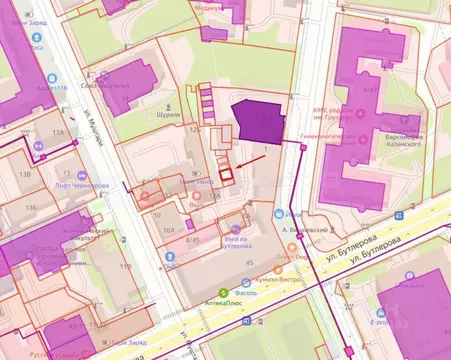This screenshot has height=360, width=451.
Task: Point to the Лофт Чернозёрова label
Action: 82,185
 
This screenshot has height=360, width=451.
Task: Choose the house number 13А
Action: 58,132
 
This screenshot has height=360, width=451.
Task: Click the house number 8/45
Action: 194,240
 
